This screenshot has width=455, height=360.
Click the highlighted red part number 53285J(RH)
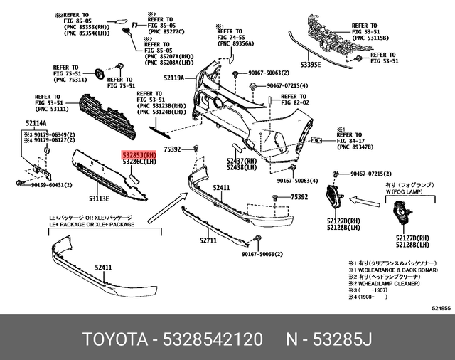[139, 154]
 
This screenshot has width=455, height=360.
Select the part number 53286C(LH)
[139, 162]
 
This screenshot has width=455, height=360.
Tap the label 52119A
[173, 77]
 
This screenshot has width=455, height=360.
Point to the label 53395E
[311, 64]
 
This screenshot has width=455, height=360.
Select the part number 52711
[208, 240]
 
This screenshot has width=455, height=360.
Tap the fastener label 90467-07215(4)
[287, 85]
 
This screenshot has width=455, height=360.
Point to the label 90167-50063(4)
[298, 181]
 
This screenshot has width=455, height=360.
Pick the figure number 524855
[441, 307]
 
